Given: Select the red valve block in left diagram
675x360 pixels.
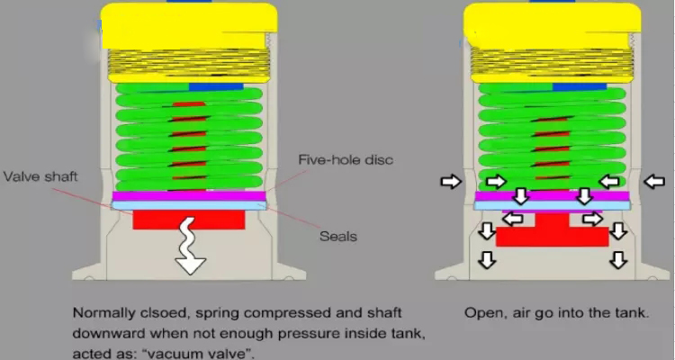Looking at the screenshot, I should pyautogui.click(x=188, y=220).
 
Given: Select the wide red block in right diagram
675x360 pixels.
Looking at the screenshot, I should pyautogui.click(x=552, y=237).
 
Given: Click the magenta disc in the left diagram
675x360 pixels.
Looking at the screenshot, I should pyautogui.click(x=188, y=195).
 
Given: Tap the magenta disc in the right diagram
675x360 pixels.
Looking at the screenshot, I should pyautogui.click(x=551, y=195).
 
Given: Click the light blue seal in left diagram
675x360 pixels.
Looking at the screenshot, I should pyautogui.click(x=188, y=206).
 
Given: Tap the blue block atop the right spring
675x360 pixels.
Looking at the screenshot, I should pyautogui.click(x=579, y=86).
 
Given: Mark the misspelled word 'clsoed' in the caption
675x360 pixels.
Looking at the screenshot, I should pyautogui.click(x=159, y=314).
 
